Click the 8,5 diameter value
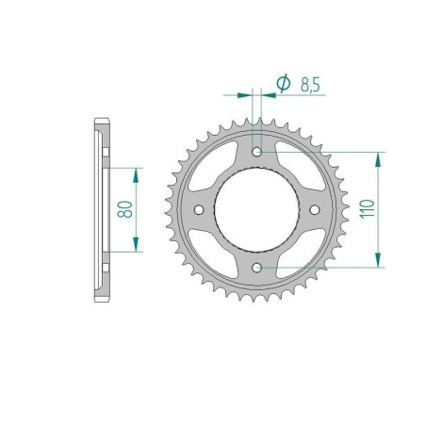coord(308,84)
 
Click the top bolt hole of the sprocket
coord(257,151)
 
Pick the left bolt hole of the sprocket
coord(199,210)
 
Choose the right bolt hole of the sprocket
coord(316,210)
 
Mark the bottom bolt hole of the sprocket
coord(257,269)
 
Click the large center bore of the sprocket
coord(257,210)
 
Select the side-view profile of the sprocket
coord(101,209)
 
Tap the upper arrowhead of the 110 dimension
coord(380,157)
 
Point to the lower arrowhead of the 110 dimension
coord(380,262)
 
